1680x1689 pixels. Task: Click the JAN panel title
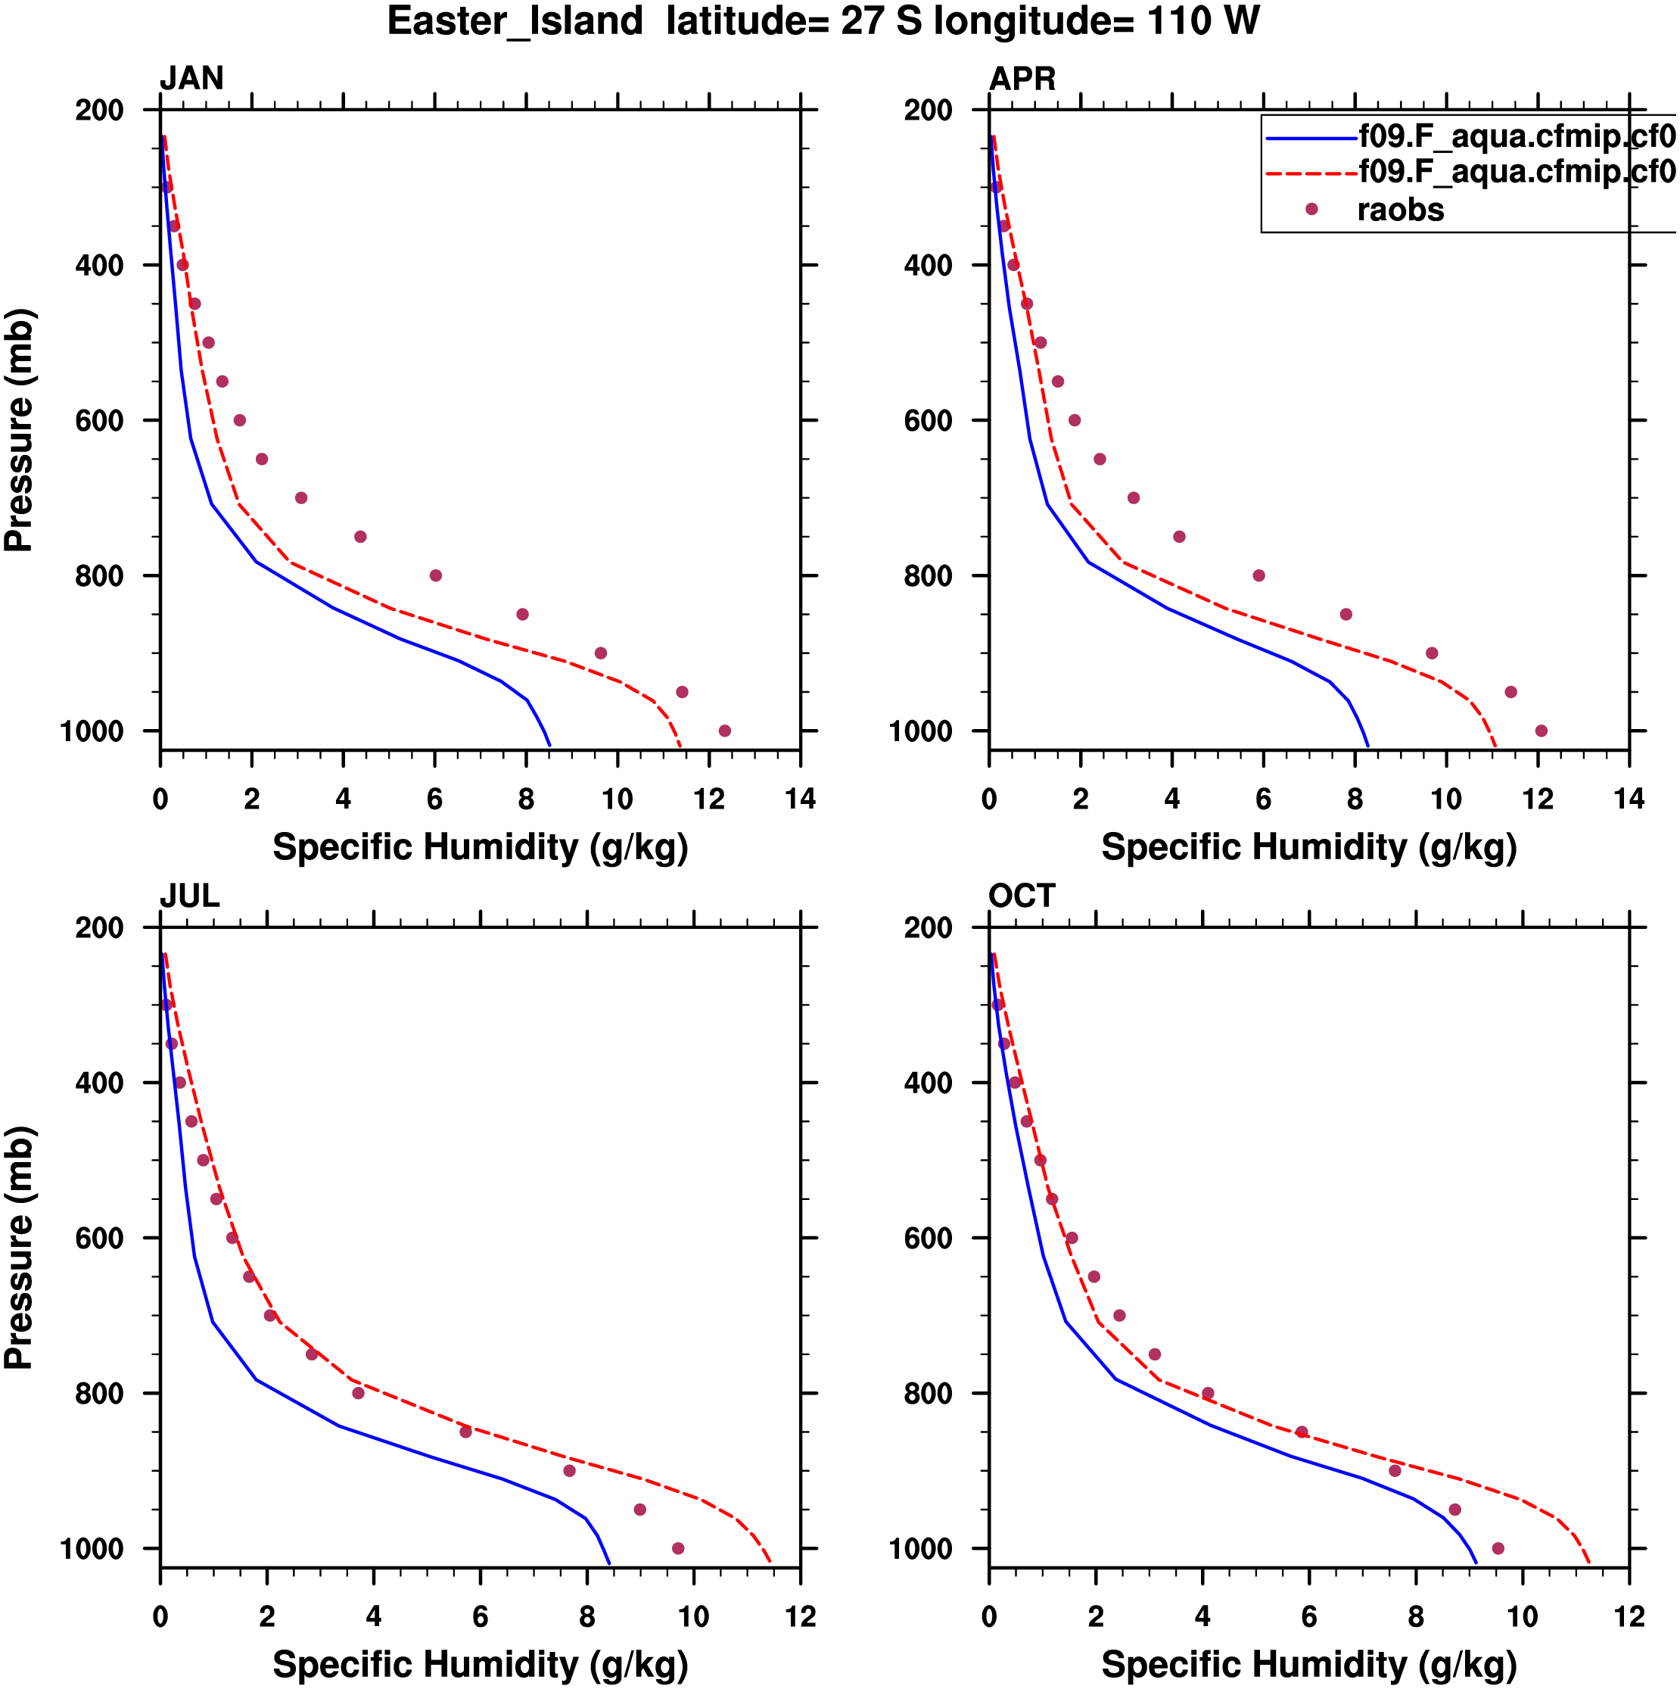point(191,79)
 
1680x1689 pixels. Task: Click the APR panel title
point(1022,79)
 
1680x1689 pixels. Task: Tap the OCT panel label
point(1022,896)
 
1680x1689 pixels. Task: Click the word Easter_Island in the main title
point(515,21)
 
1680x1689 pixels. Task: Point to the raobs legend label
point(1400,210)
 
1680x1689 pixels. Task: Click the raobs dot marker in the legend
point(1311,209)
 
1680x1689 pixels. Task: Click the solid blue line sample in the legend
point(1311,138)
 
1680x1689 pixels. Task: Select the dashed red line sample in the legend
point(1311,173)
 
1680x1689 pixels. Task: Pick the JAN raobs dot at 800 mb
point(435,575)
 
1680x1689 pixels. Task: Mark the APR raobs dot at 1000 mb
point(1541,731)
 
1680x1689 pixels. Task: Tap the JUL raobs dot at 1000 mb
point(677,1548)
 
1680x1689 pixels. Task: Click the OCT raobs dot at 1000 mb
point(1498,1548)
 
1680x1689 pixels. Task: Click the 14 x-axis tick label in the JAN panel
point(800,799)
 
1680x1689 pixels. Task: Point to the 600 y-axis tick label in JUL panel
point(100,1238)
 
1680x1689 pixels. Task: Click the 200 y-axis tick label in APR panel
point(929,111)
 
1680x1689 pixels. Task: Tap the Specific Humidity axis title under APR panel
point(1308,847)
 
